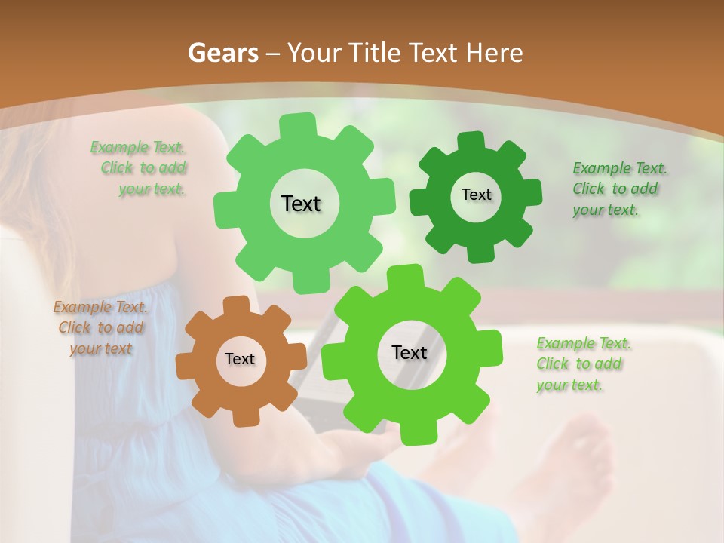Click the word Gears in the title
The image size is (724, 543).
pyautogui.click(x=222, y=53)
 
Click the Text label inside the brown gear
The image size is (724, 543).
pyautogui.click(x=240, y=360)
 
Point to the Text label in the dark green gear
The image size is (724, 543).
pyautogui.click(x=476, y=195)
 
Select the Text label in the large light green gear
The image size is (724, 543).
pyautogui.click(x=302, y=204)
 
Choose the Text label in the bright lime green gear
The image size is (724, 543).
pyautogui.click(x=410, y=353)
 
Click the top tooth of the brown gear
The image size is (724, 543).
pyautogui.click(x=236, y=305)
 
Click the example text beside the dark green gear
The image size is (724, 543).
pyautogui.click(x=618, y=189)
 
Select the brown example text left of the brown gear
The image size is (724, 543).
pyautogui.click(x=100, y=328)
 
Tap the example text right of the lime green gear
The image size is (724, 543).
pyautogui.click(x=583, y=364)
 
